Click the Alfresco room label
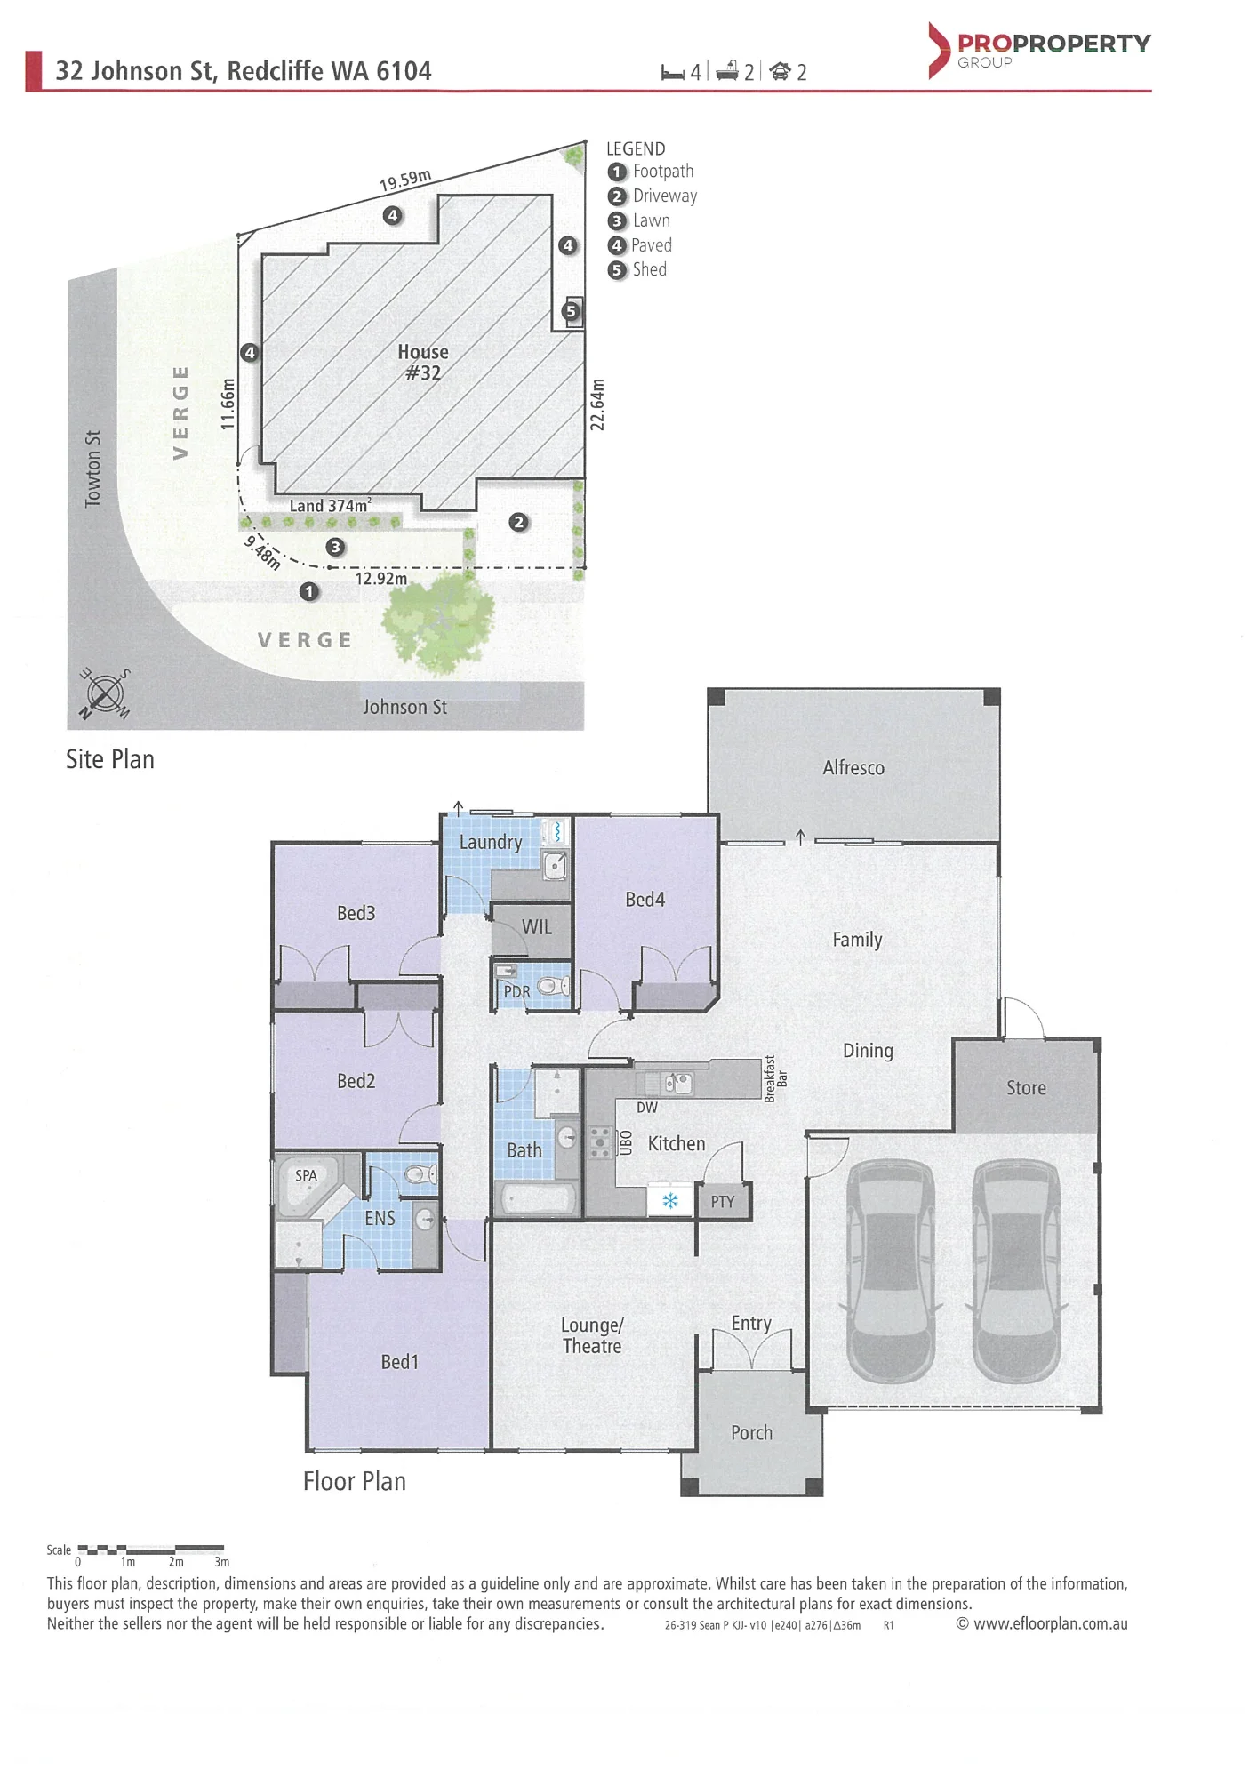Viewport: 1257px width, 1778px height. (x=853, y=768)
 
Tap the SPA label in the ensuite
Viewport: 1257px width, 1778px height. (x=306, y=1175)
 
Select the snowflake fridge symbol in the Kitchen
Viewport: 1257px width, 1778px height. (x=670, y=1201)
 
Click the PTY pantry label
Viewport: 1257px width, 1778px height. (x=723, y=1202)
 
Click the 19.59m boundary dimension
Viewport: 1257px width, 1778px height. (x=405, y=180)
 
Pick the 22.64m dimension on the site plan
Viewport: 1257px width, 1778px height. (x=597, y=404)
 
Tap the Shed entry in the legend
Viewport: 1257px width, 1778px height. (x=637, y=270)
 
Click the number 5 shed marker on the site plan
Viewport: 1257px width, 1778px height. (x=571, y=311)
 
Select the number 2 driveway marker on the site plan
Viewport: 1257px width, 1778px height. (x=519, y=523)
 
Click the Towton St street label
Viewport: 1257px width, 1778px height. (x=92, y=469)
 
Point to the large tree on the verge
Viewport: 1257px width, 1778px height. (x=438, y=620)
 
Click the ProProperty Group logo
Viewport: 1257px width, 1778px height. (x=1039, y=50)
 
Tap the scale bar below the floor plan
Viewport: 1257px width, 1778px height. (x=150, y=1550)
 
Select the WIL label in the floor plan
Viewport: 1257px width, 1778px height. (x=536, y=927)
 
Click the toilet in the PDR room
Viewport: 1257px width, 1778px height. (x=554, y=985)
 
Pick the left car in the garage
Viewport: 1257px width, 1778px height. (x=891, y=1270)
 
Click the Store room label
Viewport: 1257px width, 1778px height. (x=1026, y=1088)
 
